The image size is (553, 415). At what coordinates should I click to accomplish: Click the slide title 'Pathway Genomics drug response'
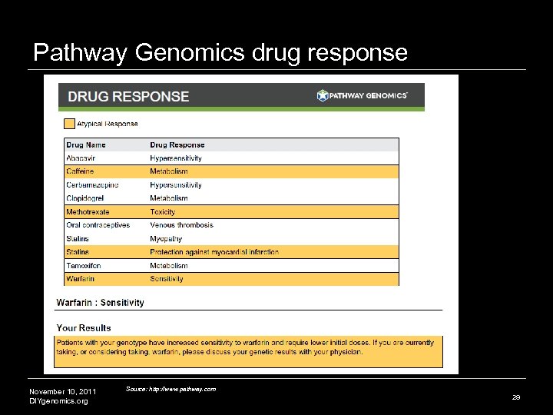tap(220, 52)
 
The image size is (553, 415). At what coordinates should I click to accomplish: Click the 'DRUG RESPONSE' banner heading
tap(128, 97)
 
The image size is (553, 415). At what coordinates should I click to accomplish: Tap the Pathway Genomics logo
tap(363, 95)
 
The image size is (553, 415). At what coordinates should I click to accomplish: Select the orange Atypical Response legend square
tap(69, 123)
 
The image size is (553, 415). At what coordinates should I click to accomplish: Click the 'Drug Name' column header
tap(86, 144)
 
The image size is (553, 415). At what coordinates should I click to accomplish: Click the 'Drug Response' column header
tap(177, 144)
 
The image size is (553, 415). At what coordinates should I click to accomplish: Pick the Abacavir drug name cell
tap(82, 158)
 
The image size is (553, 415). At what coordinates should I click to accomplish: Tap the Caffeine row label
tap(80, 171)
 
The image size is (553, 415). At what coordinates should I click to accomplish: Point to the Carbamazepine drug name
tap(92, 185)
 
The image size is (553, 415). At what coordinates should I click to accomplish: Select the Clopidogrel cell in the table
tap(84, 198)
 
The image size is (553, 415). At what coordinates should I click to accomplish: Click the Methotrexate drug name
tap(88, 212)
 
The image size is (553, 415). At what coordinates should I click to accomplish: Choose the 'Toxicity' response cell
tap(163, 212)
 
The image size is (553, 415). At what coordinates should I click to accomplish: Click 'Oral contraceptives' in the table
tap(98, 225)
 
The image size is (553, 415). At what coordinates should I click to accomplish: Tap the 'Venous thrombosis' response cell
tap(181, 225)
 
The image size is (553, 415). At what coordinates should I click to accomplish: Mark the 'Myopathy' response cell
tap(166, 239)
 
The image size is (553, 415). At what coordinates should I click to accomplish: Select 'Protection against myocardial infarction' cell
tap(214, 252)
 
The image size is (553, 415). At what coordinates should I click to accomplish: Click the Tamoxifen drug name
tap(83, 266)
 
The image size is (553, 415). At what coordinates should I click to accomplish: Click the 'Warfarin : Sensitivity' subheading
tap(100, 303)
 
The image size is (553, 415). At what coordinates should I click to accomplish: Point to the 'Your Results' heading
tap(84, 328)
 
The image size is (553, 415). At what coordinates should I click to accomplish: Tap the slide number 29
tap(515, 397)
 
